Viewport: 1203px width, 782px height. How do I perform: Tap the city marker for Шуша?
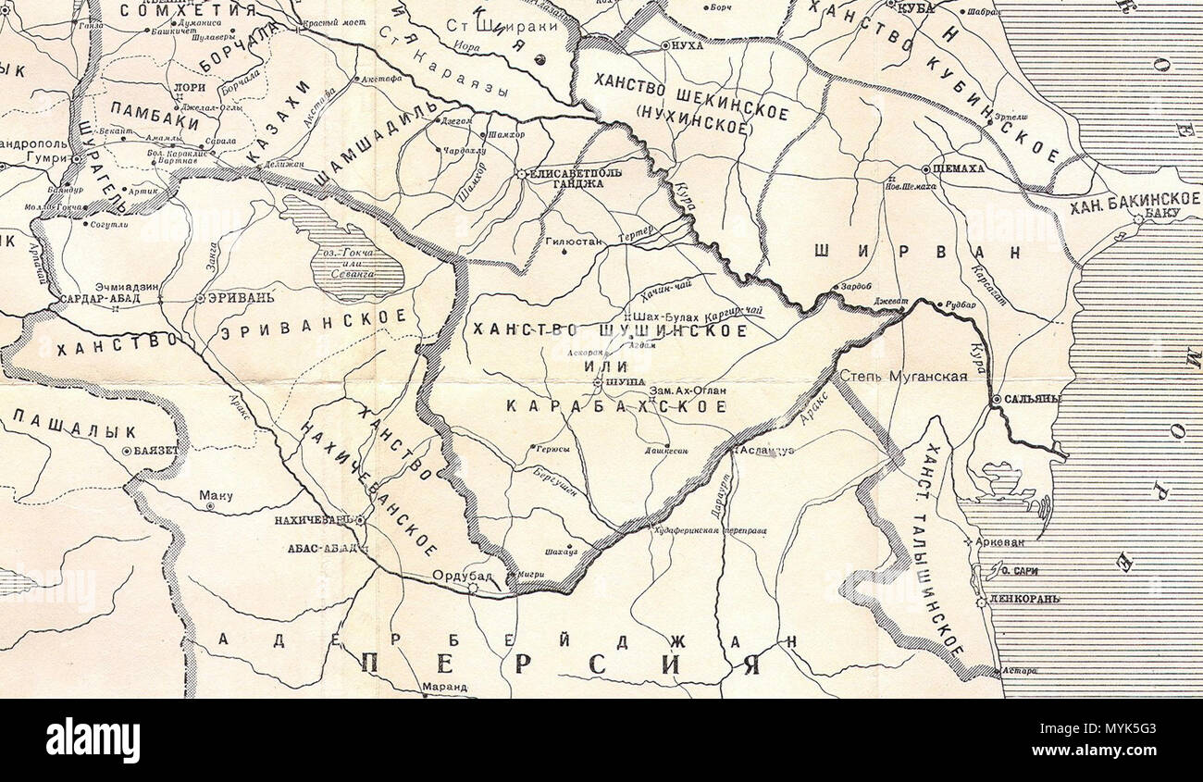pos(599,381)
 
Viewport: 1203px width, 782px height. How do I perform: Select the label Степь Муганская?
pos(903,376)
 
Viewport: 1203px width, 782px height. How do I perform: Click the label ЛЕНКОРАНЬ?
pos(1024,601)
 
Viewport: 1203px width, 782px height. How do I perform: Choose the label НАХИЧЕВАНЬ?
pos(312,521)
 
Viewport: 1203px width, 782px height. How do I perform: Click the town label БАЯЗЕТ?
pos(160,452)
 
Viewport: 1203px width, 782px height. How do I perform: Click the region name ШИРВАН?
pos(918,251)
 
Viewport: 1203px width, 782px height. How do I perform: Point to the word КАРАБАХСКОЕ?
pos(615,405)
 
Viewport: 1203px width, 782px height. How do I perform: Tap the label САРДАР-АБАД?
pos(99,300)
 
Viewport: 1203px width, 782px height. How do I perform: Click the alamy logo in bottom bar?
pos(93,740)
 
